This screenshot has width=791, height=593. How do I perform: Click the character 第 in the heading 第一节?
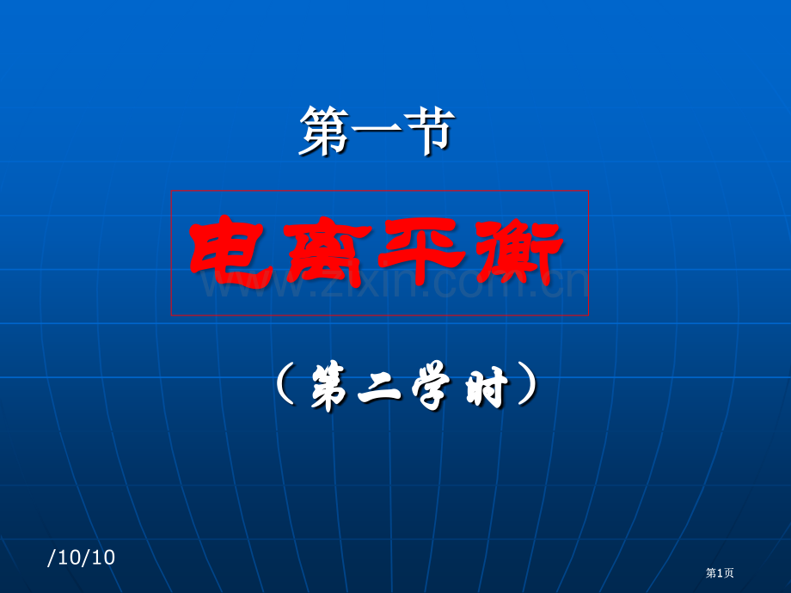[x=324, y=131]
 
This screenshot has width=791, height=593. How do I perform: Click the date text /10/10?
[x=82, y=558]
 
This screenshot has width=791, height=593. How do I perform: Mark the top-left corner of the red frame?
[x=171, y=192]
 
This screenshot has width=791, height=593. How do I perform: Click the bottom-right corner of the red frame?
[x=589, y=315]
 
